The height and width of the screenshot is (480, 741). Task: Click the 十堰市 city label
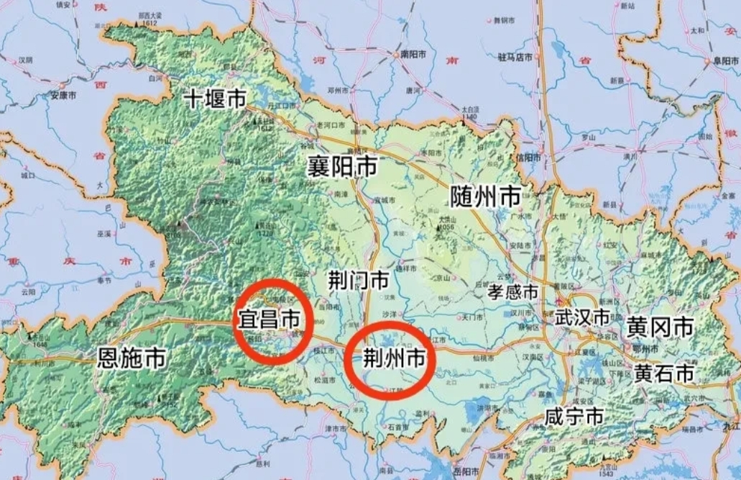[x=215, y=99]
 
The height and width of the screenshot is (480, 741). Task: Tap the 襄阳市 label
[x=342, y=167]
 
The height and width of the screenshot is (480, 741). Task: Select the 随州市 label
[x=485, y=195]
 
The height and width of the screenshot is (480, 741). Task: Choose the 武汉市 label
[x=582, y=317]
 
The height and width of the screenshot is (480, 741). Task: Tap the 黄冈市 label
[x=660, y=327]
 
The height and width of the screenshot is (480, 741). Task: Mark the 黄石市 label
[x=663, y=373]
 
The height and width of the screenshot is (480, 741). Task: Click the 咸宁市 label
[x=573, y=416]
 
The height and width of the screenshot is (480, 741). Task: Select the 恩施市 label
[x=132, y=356]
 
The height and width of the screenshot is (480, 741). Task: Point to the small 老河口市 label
[x=331, y=124]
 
